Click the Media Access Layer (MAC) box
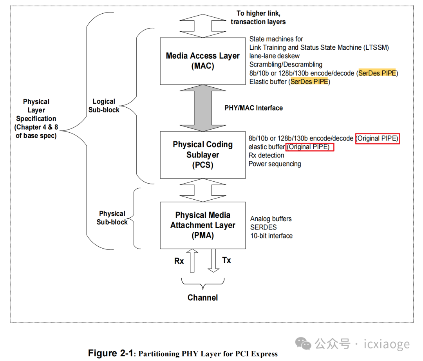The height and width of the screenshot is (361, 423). (202, 61)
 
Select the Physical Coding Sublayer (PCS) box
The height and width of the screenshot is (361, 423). (202, 155)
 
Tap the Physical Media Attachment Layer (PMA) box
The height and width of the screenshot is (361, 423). (202, 225)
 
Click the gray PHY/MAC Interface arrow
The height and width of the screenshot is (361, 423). (202, 108)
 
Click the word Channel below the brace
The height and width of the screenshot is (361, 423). (202, 298)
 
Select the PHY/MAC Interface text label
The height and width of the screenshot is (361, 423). (253, 108)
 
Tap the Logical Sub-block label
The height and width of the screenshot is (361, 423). (104, 106)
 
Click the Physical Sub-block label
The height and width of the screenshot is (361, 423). (112, 218)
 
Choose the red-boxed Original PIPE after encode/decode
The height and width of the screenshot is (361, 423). (377, 139)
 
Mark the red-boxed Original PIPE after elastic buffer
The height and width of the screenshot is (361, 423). (310, 147)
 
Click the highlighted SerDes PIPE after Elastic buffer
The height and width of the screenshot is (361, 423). (309, 82)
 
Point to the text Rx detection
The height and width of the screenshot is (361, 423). (266, 155)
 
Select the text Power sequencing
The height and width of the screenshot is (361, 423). (275, 164)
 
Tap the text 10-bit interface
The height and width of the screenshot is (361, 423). (271, 236)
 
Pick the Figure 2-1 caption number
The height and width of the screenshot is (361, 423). (111, 353)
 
